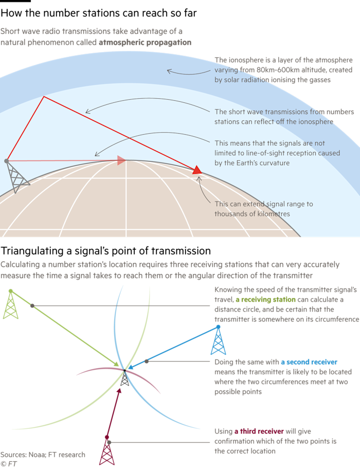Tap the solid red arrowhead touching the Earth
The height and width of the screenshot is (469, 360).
click(x=197, y=170)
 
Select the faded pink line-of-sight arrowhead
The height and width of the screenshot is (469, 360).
click(x=121, y=160)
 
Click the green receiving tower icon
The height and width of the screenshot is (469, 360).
click(x=11, y=304)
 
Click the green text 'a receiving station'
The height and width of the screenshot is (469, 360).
click(x=265, y=299)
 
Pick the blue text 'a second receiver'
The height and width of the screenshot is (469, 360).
click(x=309, y=362)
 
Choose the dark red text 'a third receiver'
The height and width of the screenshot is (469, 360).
click(x=259, y=431)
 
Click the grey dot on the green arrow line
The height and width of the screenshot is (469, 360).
click(x=32, y=306)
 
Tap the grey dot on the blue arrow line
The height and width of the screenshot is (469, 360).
click(x=147, y=362)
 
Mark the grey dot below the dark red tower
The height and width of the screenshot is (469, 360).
click(x=109, y=442)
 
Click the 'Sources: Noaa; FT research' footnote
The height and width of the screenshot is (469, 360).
click(x=43, y=455)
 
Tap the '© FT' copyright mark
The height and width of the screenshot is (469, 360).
click(x=9, y=464)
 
